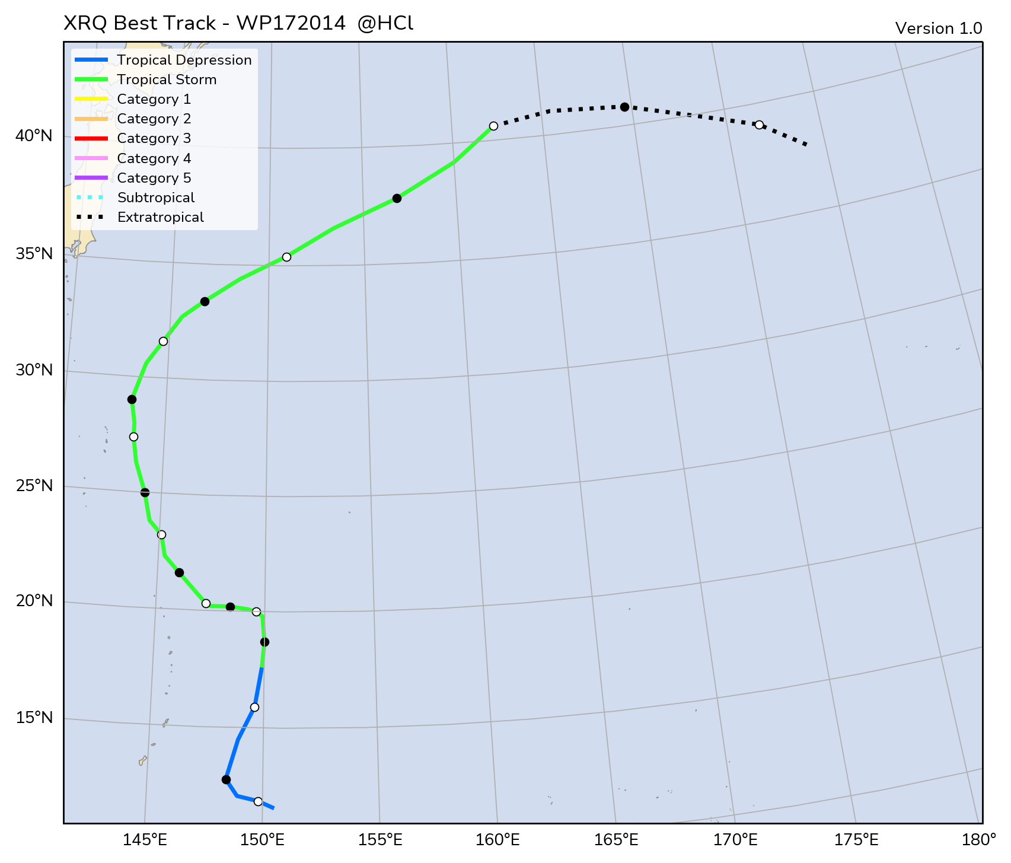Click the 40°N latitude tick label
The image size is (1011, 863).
point(34,136)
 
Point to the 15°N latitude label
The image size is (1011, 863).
point(34,718)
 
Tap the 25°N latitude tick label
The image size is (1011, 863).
point(34,486)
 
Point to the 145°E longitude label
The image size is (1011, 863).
point(145,840)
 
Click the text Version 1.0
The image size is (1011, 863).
point(939,28)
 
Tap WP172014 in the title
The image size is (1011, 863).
point(291,24)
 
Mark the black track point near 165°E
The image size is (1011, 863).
point(624,107)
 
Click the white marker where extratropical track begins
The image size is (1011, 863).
point(493,126)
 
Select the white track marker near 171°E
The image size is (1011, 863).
point(759,125)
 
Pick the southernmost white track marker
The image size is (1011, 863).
point(258,801)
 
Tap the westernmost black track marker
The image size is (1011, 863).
point(132,399)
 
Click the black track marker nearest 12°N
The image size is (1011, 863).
point(226,779)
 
